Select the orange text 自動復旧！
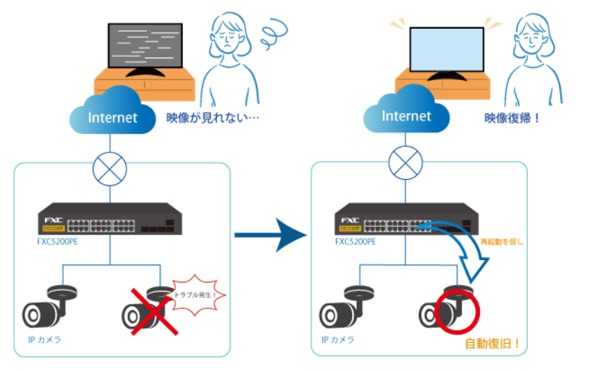493,344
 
